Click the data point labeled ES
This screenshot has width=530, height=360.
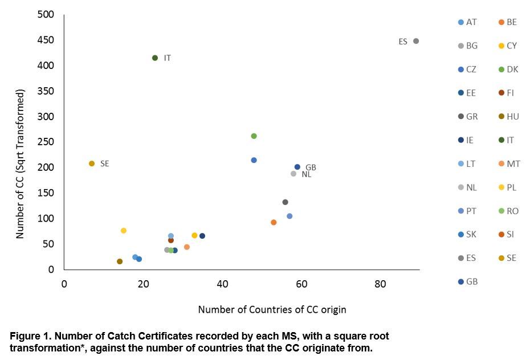pos(416,41)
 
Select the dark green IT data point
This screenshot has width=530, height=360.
pos(155,58)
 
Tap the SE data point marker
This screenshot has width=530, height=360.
pos(92,163)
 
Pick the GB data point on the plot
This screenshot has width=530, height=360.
pos(297,167)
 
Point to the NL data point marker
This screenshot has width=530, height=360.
pos(293,174)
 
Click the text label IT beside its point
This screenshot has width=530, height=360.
pos(167,58)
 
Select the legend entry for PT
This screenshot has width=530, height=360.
pos(467,211)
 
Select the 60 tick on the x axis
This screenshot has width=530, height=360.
pos(301,284)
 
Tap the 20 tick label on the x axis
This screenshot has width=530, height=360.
pos(143,284)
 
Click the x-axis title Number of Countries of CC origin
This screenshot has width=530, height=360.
pos(272,310)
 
